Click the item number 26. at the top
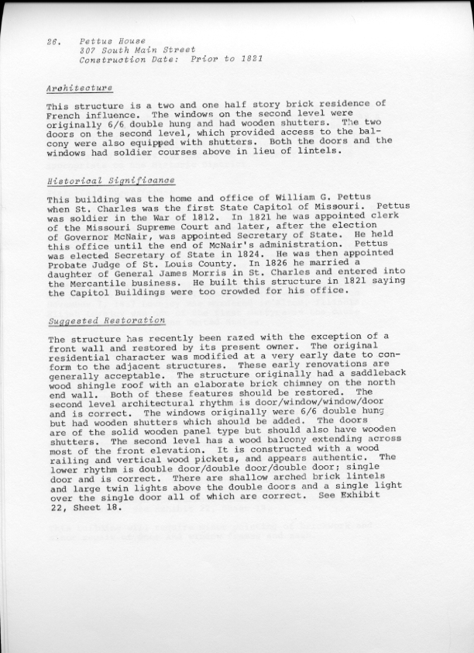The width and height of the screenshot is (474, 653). click(x=53, y=40)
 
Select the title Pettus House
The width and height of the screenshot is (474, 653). click(x=112, y=40)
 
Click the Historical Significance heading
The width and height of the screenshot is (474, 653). click(x=111, y=181)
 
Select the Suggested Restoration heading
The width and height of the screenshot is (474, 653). click(x=106, y=320)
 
